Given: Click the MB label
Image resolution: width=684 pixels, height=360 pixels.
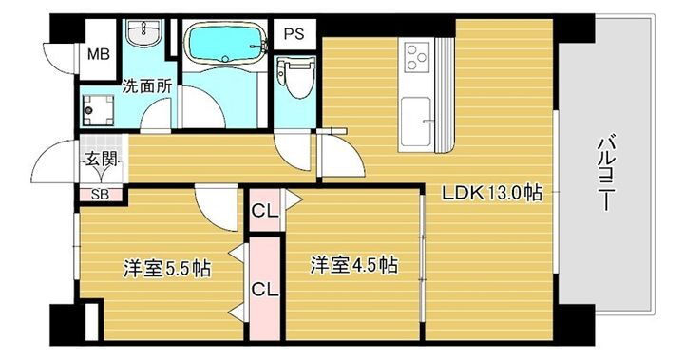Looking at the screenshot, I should (x=99, y=54).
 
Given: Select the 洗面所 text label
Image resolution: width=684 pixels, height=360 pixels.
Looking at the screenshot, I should (x=146, y=85).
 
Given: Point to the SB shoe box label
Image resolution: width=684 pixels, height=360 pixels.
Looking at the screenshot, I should (x=100, y=195).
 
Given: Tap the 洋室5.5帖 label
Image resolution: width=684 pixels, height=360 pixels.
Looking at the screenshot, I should (x=166, y=268).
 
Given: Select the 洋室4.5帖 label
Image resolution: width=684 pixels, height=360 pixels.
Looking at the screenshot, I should (x=351, y=265).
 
